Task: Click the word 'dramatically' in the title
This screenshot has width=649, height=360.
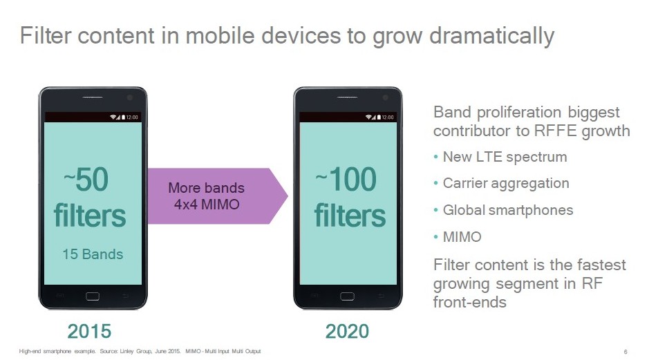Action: tap(491, 36)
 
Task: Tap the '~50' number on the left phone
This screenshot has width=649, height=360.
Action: tap(86, 180)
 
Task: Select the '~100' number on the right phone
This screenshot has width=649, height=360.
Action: tap(346, 180)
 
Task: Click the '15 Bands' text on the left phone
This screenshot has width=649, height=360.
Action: tap(93, 254)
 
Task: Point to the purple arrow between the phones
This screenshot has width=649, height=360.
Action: tap(217, 196)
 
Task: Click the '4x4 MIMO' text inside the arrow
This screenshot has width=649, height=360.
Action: tap(207, 205)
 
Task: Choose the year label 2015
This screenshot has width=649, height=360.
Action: tap(89, 332)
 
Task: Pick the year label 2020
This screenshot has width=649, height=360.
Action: tap(347, 332)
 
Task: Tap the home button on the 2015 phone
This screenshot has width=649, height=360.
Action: tap(93, 296)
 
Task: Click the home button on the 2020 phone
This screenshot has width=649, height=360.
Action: tap(347, 296)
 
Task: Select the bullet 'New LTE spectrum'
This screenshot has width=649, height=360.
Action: tap(505, 158)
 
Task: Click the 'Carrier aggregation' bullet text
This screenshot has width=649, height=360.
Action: tap(506, 184)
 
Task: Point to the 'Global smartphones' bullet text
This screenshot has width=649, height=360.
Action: tap(508, 210)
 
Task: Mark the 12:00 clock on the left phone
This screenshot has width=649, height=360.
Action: tap(132, 117)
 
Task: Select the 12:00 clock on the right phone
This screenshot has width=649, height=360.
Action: tap(388, 117)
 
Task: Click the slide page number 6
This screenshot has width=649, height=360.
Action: tap(626, 352)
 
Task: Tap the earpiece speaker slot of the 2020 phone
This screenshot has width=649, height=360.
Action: tap(347, 97)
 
